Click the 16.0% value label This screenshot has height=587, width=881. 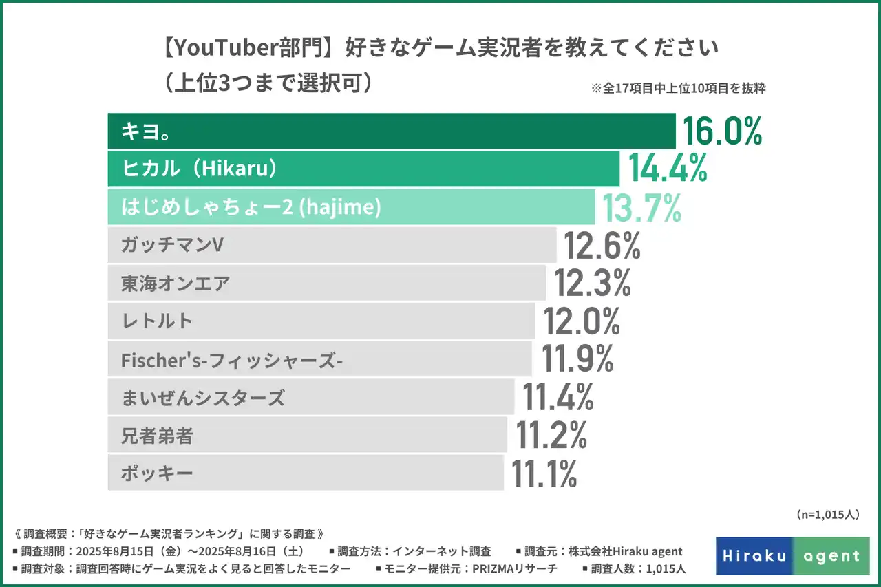(x=722, y=131)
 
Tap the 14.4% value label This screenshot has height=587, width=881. (x=668, y=169)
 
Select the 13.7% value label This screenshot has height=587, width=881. (x=641, y=207)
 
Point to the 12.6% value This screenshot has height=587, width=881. (x=602, y=246)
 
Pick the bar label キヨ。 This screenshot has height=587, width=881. (x=146, y=131)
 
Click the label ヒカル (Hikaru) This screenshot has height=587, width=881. (x=200, y=169)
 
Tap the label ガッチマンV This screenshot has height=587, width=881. (x=172, y=246)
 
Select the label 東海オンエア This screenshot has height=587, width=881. (x=175, y=284)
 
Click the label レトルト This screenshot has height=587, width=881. (x=157, y=321)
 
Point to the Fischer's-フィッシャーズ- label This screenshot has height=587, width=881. (x=232, y=359)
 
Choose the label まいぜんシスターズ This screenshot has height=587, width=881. (x=202, y=397)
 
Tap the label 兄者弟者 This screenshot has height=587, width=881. (x=157, y=435)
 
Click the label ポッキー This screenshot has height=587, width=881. (x=157, y=473)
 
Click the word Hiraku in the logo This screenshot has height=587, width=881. (x=755, y=555)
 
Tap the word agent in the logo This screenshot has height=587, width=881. (x=831, y=556)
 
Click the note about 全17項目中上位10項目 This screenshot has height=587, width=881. (x=678, y=88)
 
